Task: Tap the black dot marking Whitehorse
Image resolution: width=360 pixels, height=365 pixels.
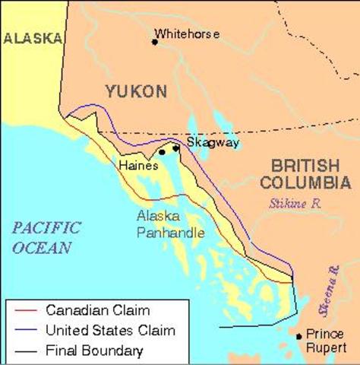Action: (155, 42)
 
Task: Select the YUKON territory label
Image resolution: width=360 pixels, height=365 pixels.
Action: (136, 91)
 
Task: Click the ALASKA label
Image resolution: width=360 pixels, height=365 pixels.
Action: (31, 38)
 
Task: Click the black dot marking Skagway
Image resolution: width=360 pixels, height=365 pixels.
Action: (175, 148)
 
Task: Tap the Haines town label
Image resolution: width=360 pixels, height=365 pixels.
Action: (138, 164)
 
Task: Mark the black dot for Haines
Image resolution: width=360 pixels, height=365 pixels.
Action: (162, 152)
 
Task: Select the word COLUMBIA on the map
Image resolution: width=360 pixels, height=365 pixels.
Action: (305, 182)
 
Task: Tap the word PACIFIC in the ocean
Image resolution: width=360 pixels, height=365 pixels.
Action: (46, 227)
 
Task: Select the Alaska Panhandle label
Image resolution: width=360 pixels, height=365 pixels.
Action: (170, 224)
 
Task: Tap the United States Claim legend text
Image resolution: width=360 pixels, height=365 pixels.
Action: (110, 330)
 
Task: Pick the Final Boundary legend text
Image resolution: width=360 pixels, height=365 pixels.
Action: (94, 351)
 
